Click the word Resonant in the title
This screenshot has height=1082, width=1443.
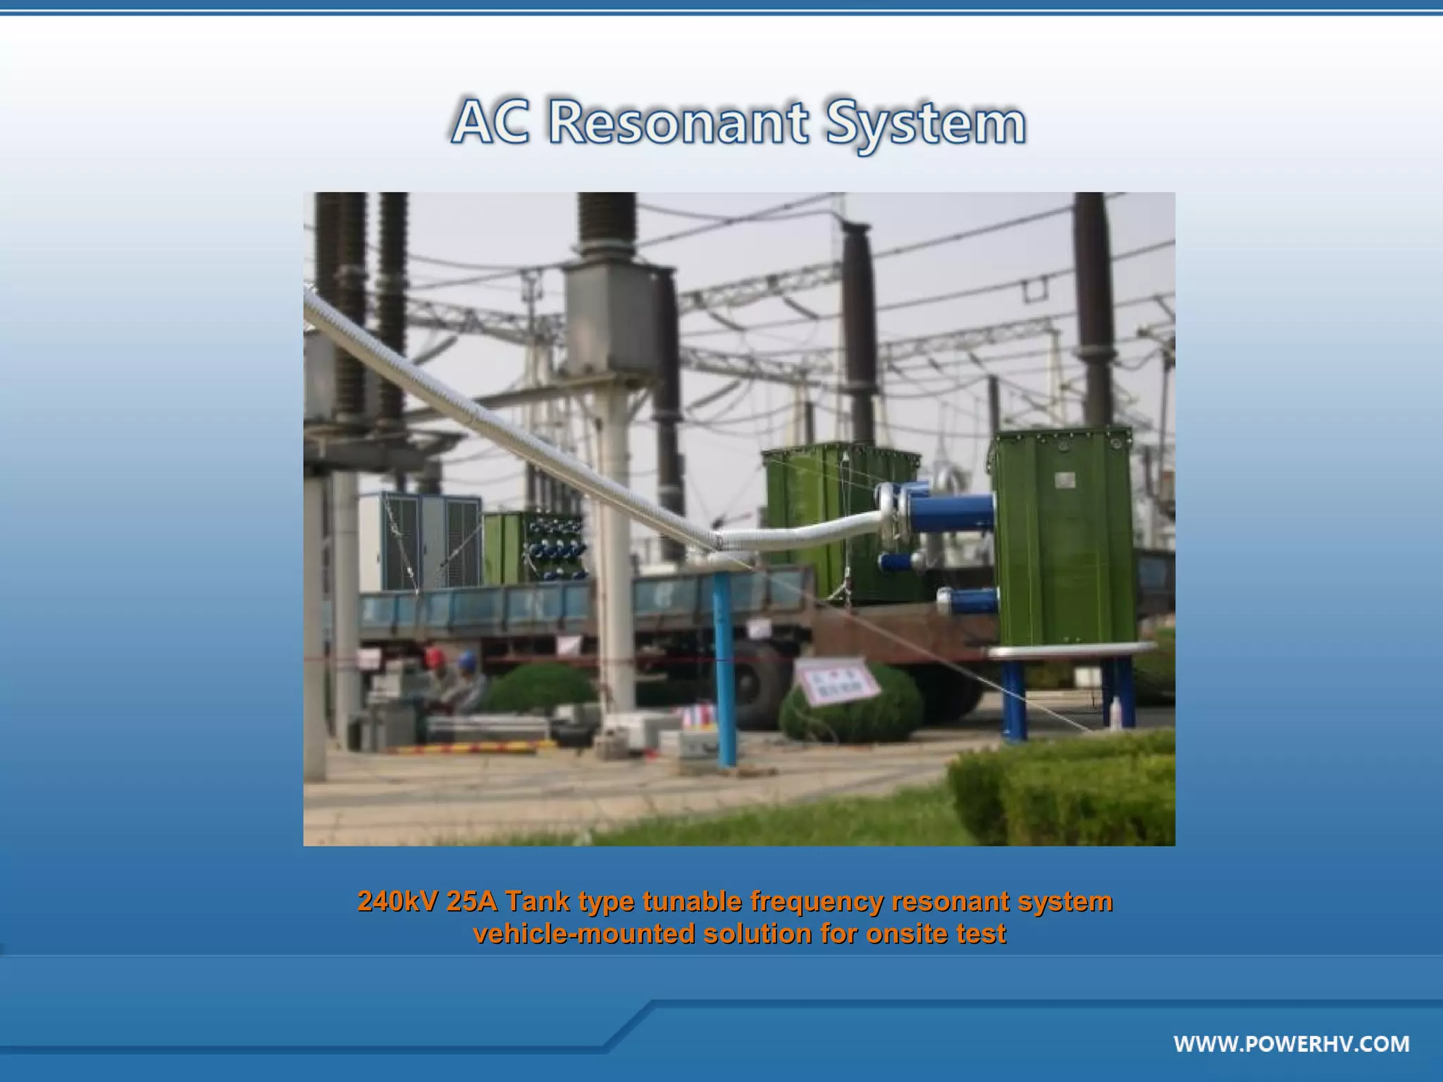pos(678,123)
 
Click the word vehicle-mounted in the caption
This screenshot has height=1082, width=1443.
pos(583,933)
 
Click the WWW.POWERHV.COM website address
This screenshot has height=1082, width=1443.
pos(1291,1043)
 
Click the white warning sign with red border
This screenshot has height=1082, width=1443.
pos(836,680)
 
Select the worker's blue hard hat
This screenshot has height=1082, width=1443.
pos(466,659)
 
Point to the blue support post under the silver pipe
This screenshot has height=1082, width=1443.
pos(725,669)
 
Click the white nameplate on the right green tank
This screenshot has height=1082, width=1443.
pos(1065,480)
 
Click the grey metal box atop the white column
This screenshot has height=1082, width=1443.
pos(608,318)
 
